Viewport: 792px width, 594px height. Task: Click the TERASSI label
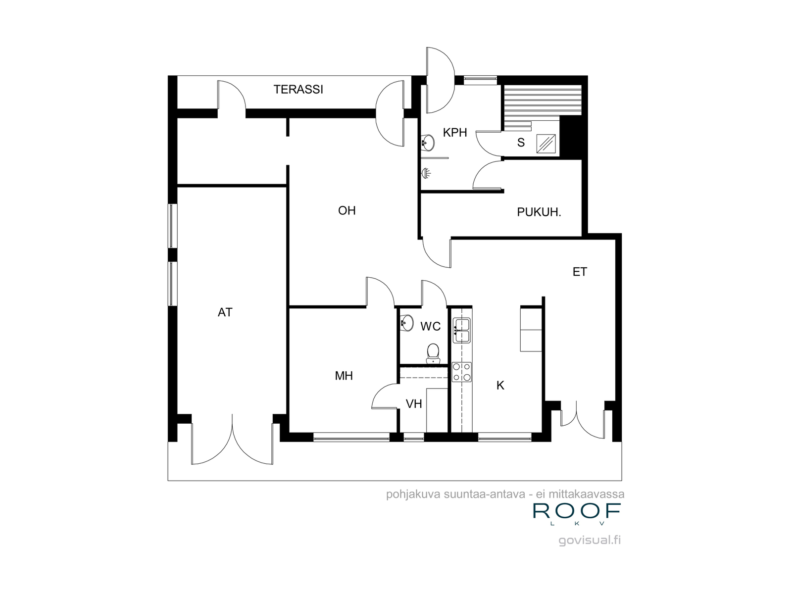(x=298, y=90)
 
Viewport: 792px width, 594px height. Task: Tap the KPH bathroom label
(x=454, y=133)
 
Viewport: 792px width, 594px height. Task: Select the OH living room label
(x=347, y=211)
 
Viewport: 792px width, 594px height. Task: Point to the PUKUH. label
(x=539, y=212)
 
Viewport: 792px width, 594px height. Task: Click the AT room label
(x=225, y=312)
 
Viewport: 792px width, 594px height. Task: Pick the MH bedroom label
(x=344, y=376)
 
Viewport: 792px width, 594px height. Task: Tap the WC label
(x=431, y=326)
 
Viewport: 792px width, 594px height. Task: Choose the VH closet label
(x=413, y=404)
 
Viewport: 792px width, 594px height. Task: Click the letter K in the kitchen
(x=500, y=386)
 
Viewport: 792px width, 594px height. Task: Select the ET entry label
(x=580, y=272)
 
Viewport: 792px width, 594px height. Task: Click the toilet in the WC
(x=433, y=354)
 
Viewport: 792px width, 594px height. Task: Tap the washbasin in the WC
(x=407, y=323)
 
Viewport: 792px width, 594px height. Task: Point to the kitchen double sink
(x=462, y=330)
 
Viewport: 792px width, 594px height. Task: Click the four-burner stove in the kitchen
(x=462, y=372)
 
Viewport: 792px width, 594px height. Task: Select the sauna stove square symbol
(x=546, y=144)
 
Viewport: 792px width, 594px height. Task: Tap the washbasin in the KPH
(x=428, y=143)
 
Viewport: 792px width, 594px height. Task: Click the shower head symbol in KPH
(x=426, y=173)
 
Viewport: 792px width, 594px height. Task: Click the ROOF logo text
(x=577, y=511)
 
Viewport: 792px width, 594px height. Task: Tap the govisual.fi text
(x=590, y=540)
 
